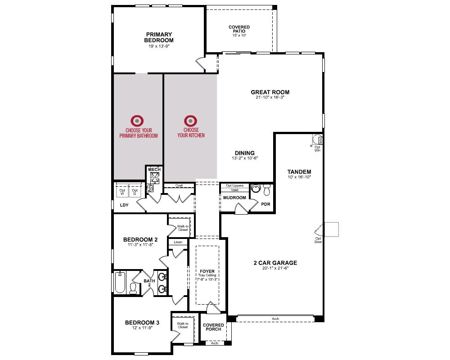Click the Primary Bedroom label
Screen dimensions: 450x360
(x=159, y=37)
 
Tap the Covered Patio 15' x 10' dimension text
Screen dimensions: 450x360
(x=239, y=35)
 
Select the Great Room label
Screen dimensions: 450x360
(x=270, y=92)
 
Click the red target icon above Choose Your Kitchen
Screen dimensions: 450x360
(x=190, y=121)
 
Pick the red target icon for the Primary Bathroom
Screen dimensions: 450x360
(x=137, y=121)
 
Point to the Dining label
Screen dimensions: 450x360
(x=245, y=153)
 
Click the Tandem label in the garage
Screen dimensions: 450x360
(x=299, y=171)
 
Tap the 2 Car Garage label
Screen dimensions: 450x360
(x=275, y=263)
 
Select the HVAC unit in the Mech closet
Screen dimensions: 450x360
(x=155, y=178)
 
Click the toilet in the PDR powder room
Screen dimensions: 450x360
(x=267, y=190)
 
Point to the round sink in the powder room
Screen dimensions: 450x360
(x=255, y=189)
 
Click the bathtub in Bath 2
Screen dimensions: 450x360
(x=120, y=282)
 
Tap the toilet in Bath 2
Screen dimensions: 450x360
(x=133, y=288)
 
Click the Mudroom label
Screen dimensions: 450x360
(x=234, y=198)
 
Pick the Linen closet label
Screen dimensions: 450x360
(x=178, y=242)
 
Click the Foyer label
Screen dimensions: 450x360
(x=207, y=271)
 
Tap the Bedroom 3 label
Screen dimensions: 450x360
(x=142, y=323)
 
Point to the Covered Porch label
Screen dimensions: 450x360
(x=213, y=327)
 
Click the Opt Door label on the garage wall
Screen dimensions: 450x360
(x=318, y=240)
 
